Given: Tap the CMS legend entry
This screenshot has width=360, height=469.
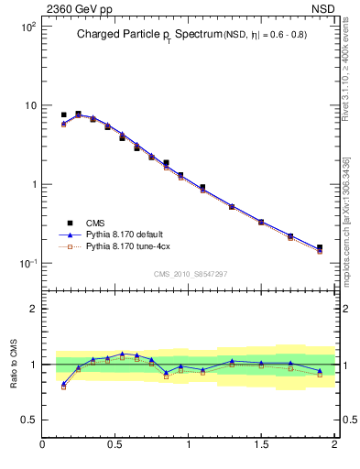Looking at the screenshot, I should point(96,223).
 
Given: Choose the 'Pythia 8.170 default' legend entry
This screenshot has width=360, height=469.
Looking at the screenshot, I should point(125,234).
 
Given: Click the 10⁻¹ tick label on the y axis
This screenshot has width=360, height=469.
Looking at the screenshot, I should point(26,264).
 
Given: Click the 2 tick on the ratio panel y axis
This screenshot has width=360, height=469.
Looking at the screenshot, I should point(32,309).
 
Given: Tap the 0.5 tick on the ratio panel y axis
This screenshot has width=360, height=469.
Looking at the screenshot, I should point(27,420).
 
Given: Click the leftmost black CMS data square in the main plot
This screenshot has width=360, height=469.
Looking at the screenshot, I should point(63,115).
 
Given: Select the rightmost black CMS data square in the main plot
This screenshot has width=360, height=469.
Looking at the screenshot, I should point(320,247).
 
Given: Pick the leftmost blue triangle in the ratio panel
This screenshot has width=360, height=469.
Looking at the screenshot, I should point(63,384).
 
